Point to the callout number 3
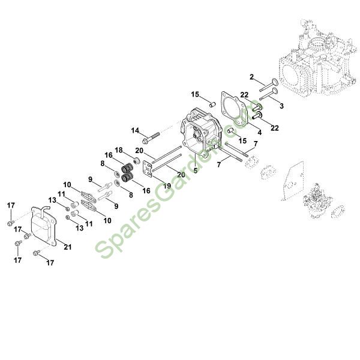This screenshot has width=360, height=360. pyautogui.click(x=281, y=105)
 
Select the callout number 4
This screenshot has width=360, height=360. pyautogui.click(x=259, y=131)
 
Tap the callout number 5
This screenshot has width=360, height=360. pyautogui.click(x=194, y=170)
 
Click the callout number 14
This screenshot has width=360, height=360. pyautogui.click(x=135, y=130)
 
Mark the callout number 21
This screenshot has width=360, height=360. pyautogui.click(x=67, y=247)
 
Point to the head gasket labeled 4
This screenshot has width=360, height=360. pyautogui.click(x=234, y=111)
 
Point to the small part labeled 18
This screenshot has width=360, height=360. pyautogui.click(x=137, y=161)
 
